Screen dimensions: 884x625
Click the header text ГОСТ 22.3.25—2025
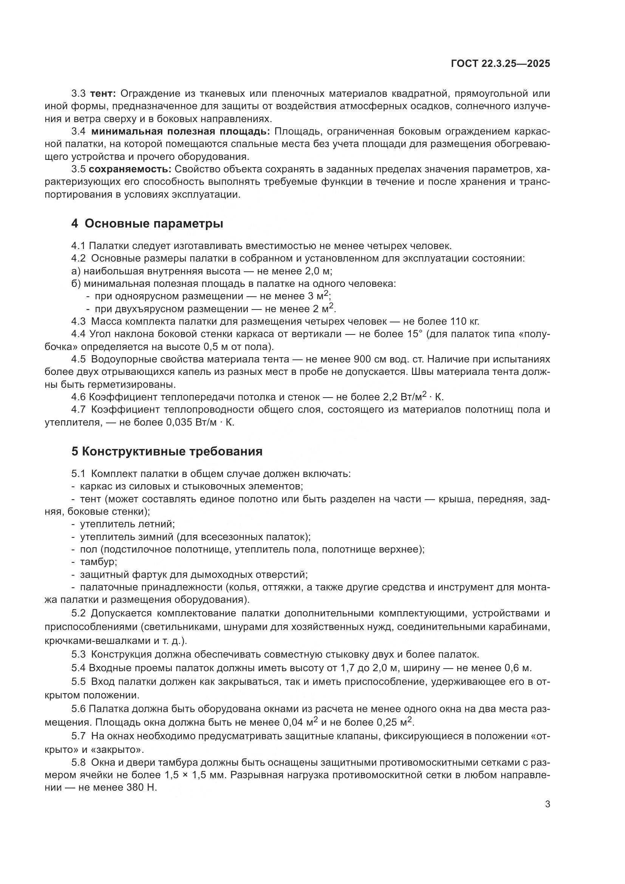[500, 64]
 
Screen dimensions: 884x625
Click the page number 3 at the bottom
[548, 804]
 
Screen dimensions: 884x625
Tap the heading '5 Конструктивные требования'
[167, 451]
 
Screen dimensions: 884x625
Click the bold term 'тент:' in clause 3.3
[105, 94]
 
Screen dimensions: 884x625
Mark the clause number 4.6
[79, 397]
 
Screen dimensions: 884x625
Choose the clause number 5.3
[79, 655]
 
